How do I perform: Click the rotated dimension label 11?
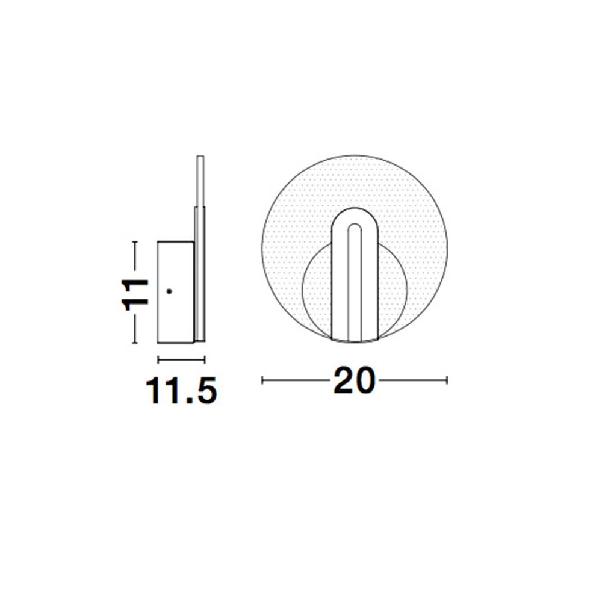pyautogui.click(x=135, y=294)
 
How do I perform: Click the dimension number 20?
pyautogui.click(x=353, y=380)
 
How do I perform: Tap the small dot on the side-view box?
pyautogui.click(x=169, y=291)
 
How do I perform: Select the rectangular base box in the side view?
pyautogui.click(x=176, y=292)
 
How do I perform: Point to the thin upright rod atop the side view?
pyautogui.click(x=200, y=181)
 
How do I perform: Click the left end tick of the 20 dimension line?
pyautogui.click(x=262, y=380)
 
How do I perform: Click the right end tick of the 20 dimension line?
pyautogui.click(x=447, y=380)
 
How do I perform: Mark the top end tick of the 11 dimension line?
pyautogui.click(x=134, y=241)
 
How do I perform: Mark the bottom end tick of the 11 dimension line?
pyautogui.click(x=134, y=343)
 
